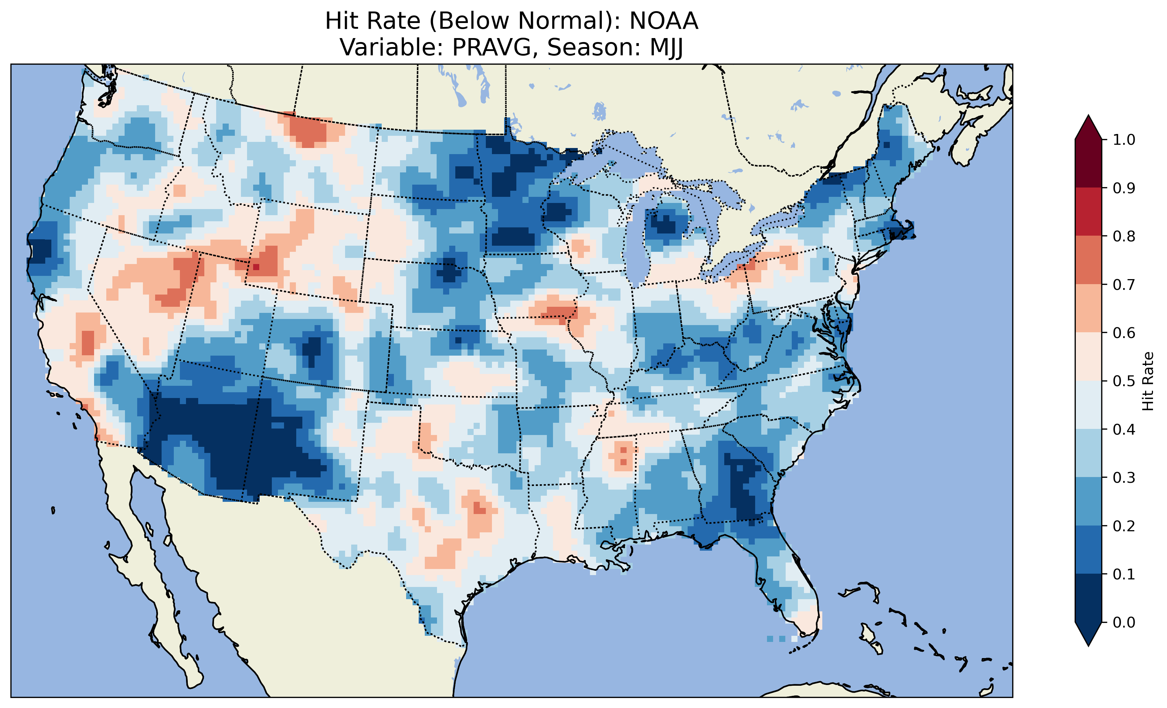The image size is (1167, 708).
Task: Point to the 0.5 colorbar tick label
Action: pos(1124,381)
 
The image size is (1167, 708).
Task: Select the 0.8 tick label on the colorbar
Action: pos(1124,236)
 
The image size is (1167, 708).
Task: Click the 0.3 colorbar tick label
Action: pos(1124,478)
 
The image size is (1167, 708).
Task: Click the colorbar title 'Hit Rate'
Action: pos(1148,381)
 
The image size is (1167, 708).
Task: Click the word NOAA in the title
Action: pos(664,21)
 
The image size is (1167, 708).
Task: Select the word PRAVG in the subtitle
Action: pos(491,47)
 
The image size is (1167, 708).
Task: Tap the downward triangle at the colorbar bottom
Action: pos(1088,634)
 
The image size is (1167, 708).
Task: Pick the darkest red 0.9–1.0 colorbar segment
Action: pos(1088,163)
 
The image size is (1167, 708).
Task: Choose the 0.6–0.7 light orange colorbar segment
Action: pos(1088,308)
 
